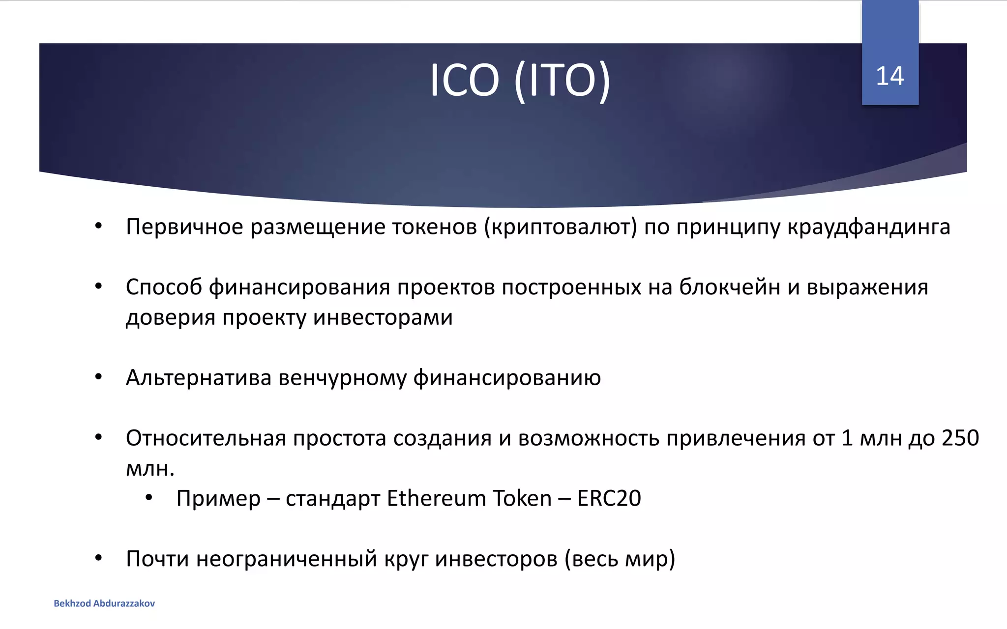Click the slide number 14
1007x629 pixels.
(x=889, y=76)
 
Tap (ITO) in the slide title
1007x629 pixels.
(x=562, y=81)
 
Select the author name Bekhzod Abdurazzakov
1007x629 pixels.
(x=104, y=603)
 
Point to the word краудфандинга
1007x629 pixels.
(x=869, y=227)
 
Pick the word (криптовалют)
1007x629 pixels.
(x=561, y=227)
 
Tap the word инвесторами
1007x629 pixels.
(x=383, y=317)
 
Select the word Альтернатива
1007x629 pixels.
(x=199, y=378)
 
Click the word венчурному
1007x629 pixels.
(x=342, y=378)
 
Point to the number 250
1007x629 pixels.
(x=960, y=438)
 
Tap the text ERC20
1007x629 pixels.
(x=609, y=498)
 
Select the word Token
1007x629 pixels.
(x=522, y=498)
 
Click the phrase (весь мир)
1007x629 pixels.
(x=620, y=559)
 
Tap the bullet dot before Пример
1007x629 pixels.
(x=149, y=498)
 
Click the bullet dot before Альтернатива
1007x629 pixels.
(x=98, y=377)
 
